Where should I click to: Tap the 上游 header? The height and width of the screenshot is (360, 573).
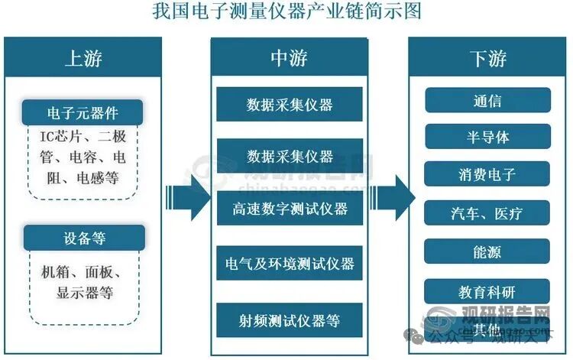[83, 58]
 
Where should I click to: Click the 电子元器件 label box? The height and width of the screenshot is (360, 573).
[83, 115]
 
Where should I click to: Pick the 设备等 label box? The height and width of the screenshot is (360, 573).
[83, 238]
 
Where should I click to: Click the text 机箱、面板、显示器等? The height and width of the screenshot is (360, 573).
[83, 280]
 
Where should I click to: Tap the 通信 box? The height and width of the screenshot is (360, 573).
[487, 100]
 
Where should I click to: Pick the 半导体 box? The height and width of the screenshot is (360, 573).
[487, 137]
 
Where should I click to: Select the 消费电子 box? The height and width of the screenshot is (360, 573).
[487, 174]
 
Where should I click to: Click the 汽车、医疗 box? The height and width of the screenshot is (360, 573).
[487, 212]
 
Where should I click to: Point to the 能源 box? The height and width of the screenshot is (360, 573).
[487, 251]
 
